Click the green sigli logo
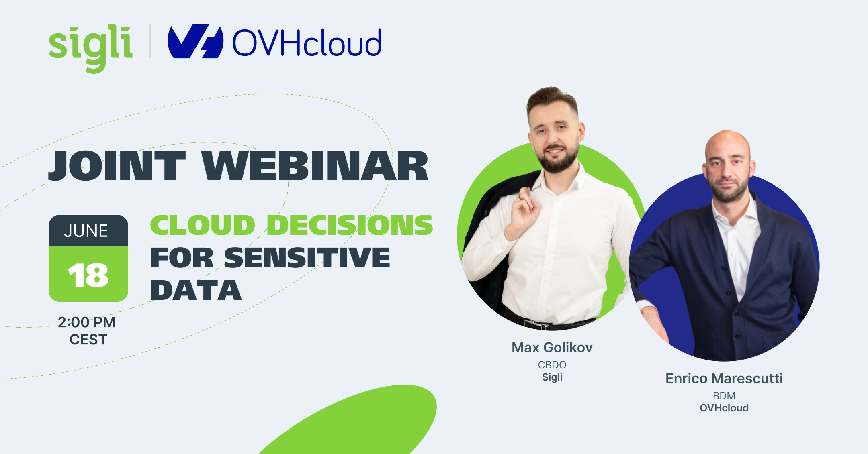(x=90, y=47)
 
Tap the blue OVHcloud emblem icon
(x=195, y=42)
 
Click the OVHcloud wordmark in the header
(x=307, y=43)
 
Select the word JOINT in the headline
(x=117, y=166)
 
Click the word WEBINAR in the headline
(x=315, y=166)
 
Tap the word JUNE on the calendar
(x=86, y=231)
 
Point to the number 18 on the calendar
(x=88, y=276)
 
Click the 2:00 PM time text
(x=86, y=322)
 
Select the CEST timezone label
(x=88, y=340)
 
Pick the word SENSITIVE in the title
(x=307, y=257)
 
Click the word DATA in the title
(x=196, y=290)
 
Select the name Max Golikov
(x=552, y=348)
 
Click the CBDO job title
(x=552, y=365)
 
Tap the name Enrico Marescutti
(x=724, y=379)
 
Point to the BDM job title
(x=724, y=396)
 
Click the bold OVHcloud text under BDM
(x=724, y=408)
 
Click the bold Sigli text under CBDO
(x=552, y=377)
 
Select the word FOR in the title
(x=182, y=257)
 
